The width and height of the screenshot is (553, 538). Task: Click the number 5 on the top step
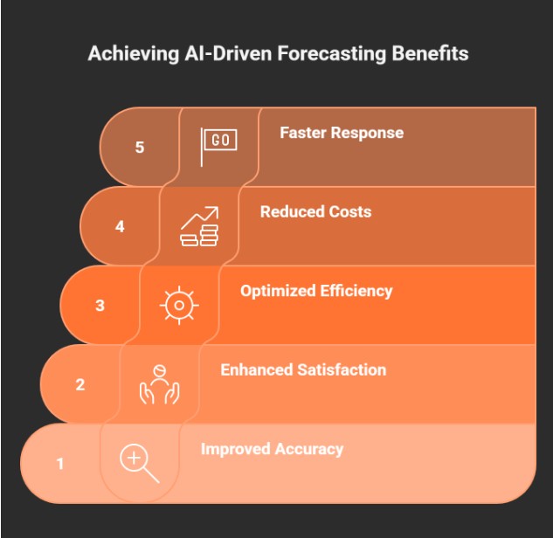[140, 147]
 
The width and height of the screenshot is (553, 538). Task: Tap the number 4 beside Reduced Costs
[120, 226]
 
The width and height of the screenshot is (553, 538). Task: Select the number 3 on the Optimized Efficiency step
[100, 306]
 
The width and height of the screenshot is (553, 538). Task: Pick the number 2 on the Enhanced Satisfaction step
[80, 384]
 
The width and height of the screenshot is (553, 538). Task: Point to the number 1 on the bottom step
[60, 463]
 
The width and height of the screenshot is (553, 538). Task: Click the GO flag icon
[218, 147]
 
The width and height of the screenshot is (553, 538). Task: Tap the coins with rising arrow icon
[199, 226]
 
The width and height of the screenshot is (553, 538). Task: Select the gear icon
[179, 306]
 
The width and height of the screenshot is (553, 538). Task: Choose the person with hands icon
[159, 384]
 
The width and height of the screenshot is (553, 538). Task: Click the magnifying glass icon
[140, 463]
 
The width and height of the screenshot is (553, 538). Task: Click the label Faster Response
[342, 133]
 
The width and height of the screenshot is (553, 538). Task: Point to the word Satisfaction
[342, 370]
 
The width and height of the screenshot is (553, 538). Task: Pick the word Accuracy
[309, 450]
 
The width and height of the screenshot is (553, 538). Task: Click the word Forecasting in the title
[331, 54]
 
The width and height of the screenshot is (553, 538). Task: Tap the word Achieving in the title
[134, 54]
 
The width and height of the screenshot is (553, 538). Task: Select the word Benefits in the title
[431, 53]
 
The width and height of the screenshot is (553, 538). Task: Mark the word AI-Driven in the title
[228, 53]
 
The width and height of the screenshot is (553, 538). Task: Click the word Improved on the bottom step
[236, 450]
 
